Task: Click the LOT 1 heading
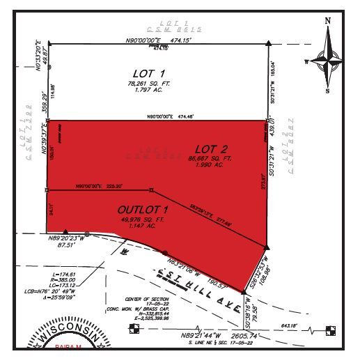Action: pyautogui.click(x=148, y=72)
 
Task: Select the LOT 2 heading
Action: pyautogui.click(x=210, y=148)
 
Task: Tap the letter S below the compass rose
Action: pyautogui.click(x=327, y=90)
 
